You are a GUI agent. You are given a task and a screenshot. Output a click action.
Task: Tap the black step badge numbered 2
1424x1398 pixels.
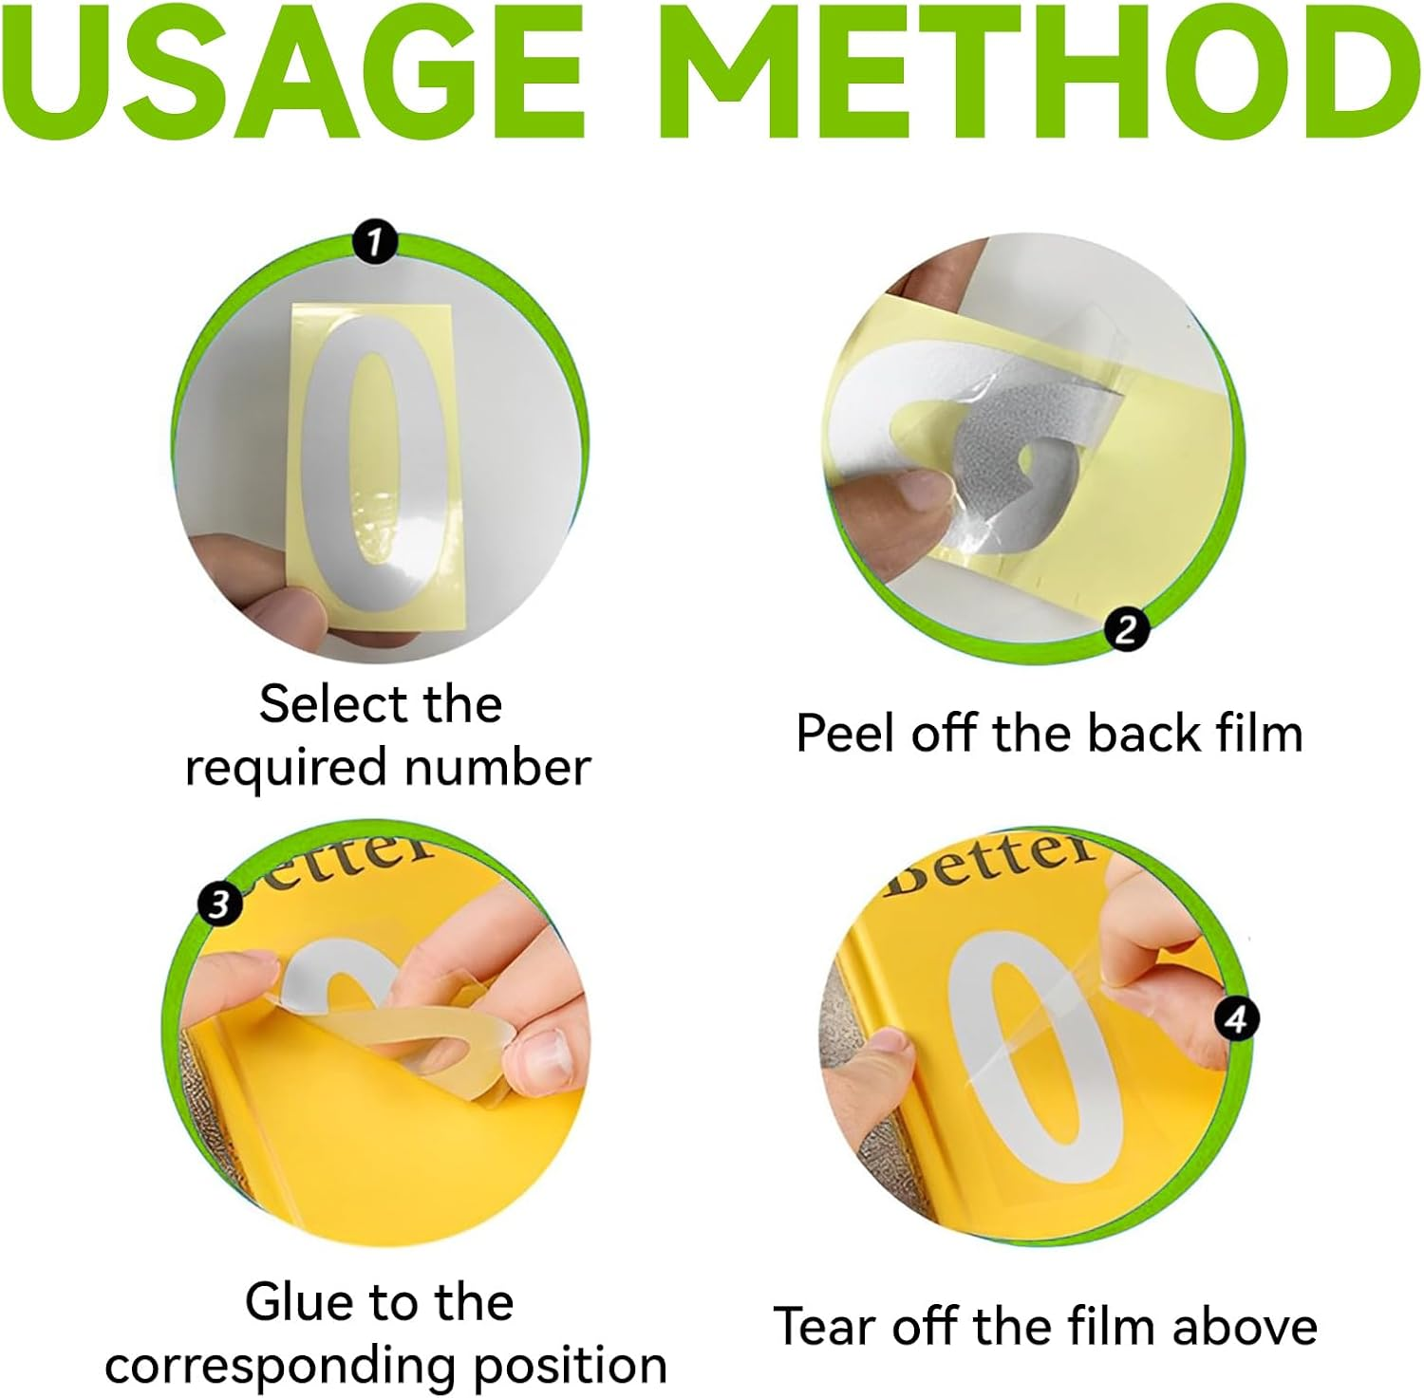tap(1126, 630)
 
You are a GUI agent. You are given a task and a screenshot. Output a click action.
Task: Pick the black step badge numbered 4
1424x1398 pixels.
tap(1236, 1019)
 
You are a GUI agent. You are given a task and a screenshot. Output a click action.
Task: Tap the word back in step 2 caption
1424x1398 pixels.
tap(1131, 734)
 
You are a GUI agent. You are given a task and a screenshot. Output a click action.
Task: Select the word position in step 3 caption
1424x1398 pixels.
tap(570, 1367)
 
